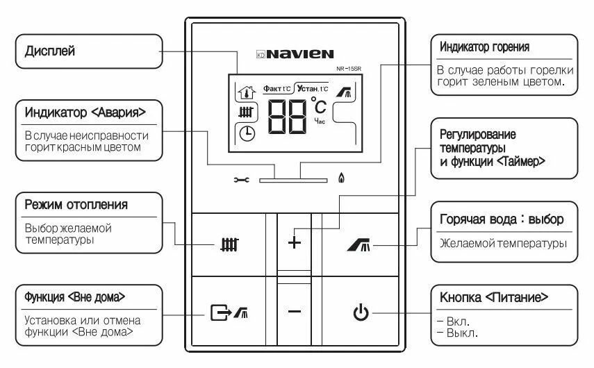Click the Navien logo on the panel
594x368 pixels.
pyautogui.click(x=295, y=53)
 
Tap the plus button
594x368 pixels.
pyautogui.click(x=295, y=243)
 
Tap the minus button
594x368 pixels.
pyautogui.click(x=295, y=312)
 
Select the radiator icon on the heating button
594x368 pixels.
pyautogui.click(x=229, y=244)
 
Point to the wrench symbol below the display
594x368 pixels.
pyautogui.click(x=241, y=179)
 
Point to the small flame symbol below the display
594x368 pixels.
pyautogui.click(x=340, y=178)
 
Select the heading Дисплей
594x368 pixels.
pyautogui.click(x=50, y=51)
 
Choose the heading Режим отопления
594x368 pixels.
pyautogui.click(x=76, y=205)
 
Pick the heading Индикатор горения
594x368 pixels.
pyautogui.click(x=485, y=47)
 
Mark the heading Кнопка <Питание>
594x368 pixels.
pyautogui.click(x=494, y=296)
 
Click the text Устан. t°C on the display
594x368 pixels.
pyautogui.click(x=311, y=88)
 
